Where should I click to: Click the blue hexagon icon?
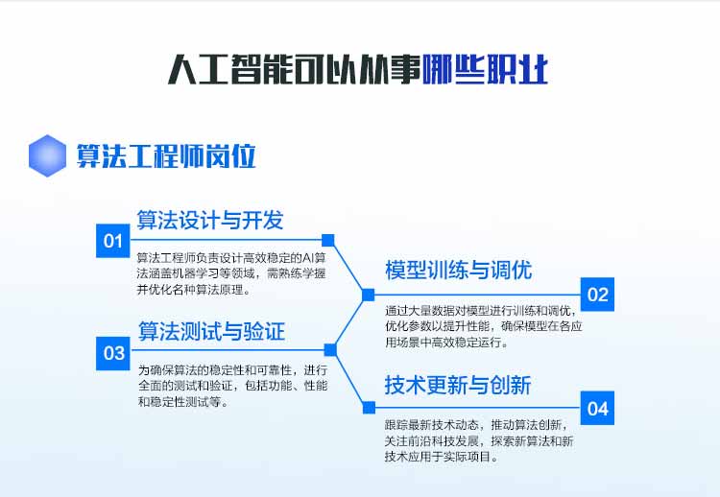47,155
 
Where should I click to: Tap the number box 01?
113,241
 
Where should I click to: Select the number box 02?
597,295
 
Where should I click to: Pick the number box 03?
113,353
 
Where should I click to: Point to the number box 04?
597,408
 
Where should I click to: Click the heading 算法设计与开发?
210,220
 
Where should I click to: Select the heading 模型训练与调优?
458,270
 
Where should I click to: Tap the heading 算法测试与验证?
211,331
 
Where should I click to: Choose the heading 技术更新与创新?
458,385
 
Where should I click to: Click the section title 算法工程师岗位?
166,156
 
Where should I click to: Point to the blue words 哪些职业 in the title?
485,69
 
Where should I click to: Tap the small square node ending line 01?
328,240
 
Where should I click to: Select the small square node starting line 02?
369,295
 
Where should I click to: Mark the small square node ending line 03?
330,350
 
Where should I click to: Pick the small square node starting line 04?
369,408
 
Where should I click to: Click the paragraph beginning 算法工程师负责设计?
231,273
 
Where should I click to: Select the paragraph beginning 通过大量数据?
484,326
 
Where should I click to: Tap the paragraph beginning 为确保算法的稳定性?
233,386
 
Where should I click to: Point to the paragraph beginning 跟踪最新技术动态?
479,440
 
